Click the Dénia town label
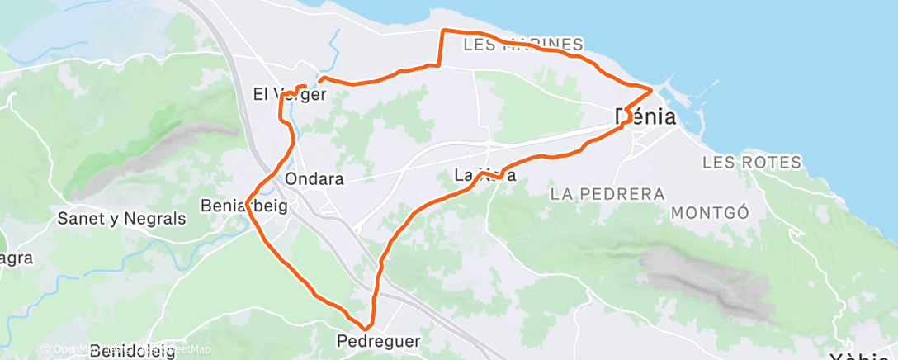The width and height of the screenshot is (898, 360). click(645, 117)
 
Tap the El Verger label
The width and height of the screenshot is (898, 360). click(290, 94)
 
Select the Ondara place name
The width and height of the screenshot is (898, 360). click(314, 178)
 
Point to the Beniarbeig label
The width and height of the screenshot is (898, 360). click(243, 206)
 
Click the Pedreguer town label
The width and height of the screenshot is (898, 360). click(379, 340)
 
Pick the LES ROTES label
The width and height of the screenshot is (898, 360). click(752, 162)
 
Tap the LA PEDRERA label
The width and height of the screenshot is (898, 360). click(607, 194)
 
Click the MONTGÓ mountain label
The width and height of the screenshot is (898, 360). click(710, 212)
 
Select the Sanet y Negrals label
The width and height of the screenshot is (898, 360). click(121, 219)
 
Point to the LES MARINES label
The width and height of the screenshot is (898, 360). click(524, 44)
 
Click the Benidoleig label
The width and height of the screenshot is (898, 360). click(132, 351)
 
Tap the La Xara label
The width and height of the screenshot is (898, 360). click(485, 175)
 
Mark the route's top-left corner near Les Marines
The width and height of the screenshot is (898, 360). click(444, 31)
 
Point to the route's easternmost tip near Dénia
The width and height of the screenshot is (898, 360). click(653, 88)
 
